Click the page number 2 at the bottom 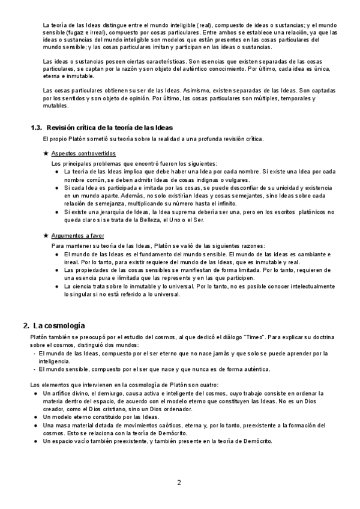point(179,482)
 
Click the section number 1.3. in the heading point(37,127)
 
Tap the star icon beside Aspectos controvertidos point(46,154)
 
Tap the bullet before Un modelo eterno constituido point(37,416)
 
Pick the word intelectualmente point(300,286)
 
